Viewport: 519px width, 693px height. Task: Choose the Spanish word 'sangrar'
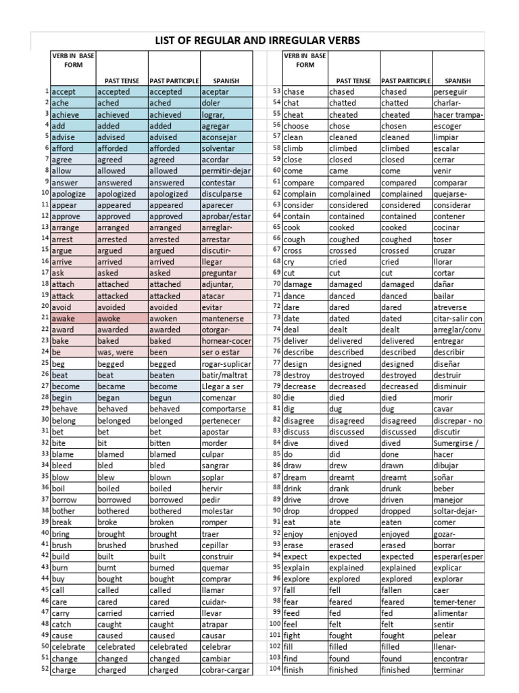(216, 466)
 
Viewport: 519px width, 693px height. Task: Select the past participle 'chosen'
(394, 125)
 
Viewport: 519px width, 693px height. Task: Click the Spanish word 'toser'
(443, 239)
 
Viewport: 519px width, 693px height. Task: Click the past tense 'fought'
(343, 636)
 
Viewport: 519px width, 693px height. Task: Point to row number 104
(274, 669)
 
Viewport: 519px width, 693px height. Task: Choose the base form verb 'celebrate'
(68, 647)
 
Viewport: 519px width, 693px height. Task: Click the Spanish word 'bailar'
(444, 296)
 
